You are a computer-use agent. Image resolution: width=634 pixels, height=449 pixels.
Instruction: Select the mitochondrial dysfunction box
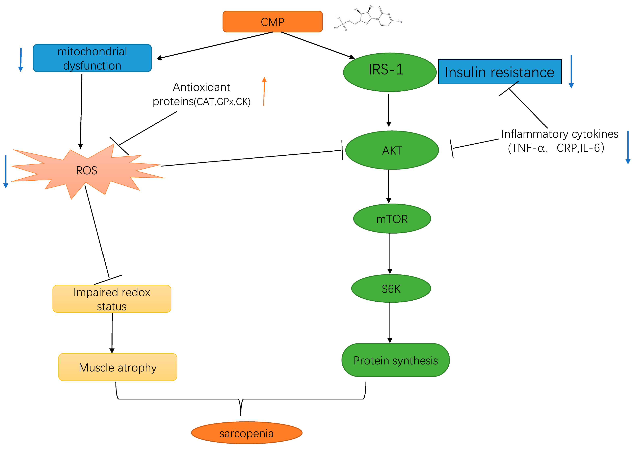click(92, 58)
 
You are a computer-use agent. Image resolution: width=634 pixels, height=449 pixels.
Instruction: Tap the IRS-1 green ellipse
click(389, 72)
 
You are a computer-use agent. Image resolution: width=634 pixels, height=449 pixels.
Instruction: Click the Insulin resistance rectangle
click(500, 72)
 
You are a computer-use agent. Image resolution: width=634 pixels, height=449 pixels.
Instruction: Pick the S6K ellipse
click(391, 288)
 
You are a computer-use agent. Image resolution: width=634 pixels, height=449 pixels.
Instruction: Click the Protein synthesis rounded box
click(395, 360)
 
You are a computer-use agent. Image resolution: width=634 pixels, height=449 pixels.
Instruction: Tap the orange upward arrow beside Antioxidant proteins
click(264, 91)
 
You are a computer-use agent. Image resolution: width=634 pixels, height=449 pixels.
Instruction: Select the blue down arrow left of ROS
click(5, 171)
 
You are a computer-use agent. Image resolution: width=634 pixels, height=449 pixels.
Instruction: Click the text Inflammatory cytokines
click(560, 134)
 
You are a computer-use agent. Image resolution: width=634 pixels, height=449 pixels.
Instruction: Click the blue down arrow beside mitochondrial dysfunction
click(21, 59)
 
